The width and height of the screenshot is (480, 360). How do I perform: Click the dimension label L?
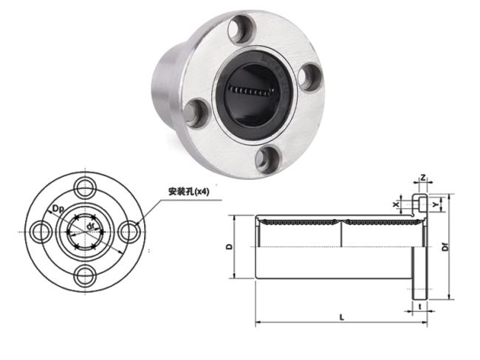click(x=342, y=317)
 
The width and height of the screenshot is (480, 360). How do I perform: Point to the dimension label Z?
click(x=422, y=177)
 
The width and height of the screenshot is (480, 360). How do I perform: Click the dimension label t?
click(x=420, y=306)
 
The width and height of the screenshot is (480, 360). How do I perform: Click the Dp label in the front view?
click(x=58, y=210)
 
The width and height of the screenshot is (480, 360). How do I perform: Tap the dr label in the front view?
click(x=89, y=226)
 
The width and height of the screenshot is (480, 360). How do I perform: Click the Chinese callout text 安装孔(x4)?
click(x=188, y=192)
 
